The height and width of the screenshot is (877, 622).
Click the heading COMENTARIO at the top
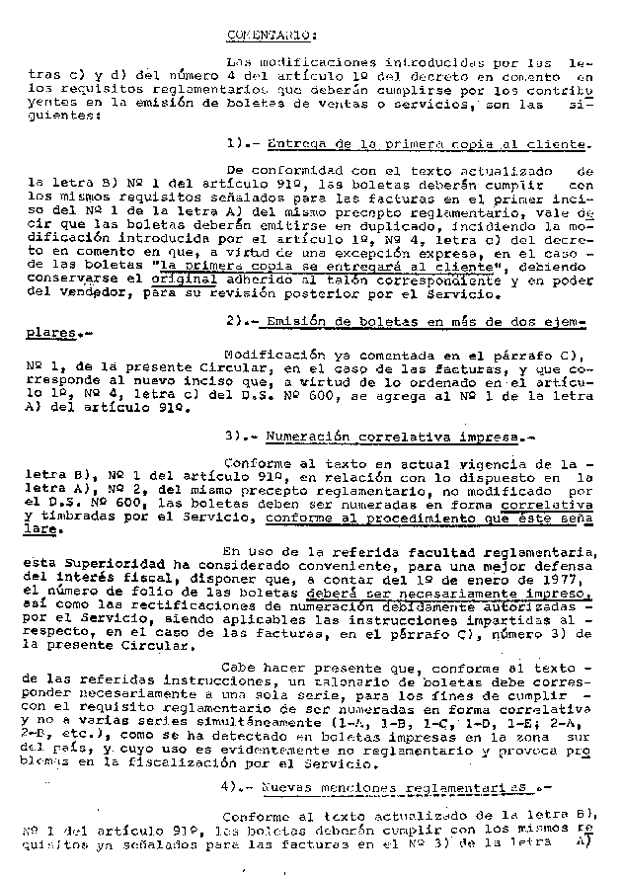[x=272, y=37]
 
